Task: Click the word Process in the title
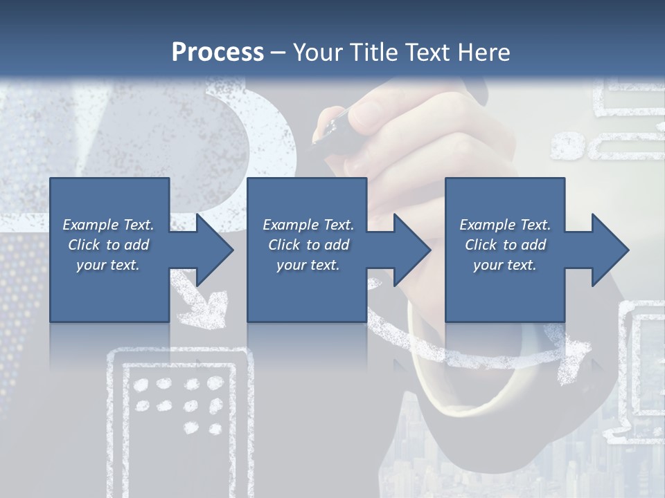(218, 52)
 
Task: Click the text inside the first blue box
(109, 245)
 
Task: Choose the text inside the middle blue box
(308, 245)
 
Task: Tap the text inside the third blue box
(505, 245)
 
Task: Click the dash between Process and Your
(278, 52)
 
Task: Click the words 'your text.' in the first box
(109, 265)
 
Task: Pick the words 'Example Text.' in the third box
(505, 225)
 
